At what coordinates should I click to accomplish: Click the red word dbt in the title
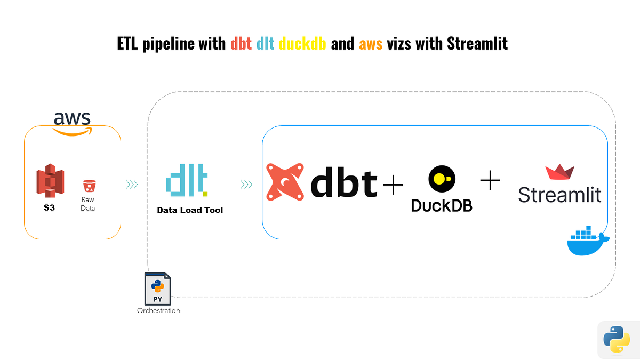coord(241,43)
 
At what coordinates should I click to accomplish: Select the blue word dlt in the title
coord(265,43)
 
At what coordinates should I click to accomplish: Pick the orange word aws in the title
coord(371,44)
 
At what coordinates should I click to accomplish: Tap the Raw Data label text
coord(87,204)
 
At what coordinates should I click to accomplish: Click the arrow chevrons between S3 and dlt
coord(132,185)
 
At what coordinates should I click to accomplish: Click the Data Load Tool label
coord(190,210)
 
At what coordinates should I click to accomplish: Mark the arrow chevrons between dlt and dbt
coord(246,185)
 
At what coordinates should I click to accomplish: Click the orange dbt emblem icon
coord(285,183)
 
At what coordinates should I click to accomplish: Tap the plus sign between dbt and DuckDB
coord(393,185)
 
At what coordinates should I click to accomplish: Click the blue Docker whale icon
coord(588,243)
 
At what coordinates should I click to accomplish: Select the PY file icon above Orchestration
coord(158,289)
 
